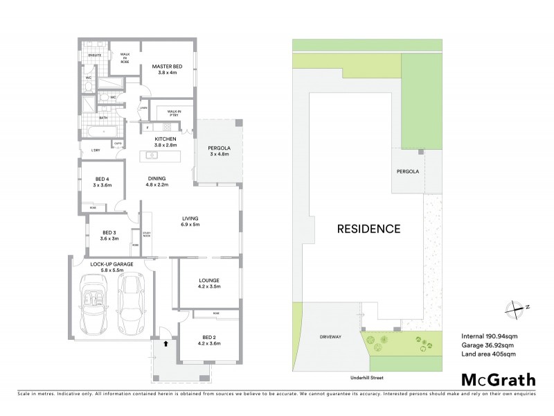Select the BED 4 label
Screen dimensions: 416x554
[x=102, y=182]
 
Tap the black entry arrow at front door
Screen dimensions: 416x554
[x=166, y=341]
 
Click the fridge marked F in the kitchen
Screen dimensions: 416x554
[x=148, y=128]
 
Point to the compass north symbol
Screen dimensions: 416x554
[x=515, y=307]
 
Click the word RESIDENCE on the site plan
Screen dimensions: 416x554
[x=368, y=228]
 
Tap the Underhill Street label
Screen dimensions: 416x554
[x=368, y=378]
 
